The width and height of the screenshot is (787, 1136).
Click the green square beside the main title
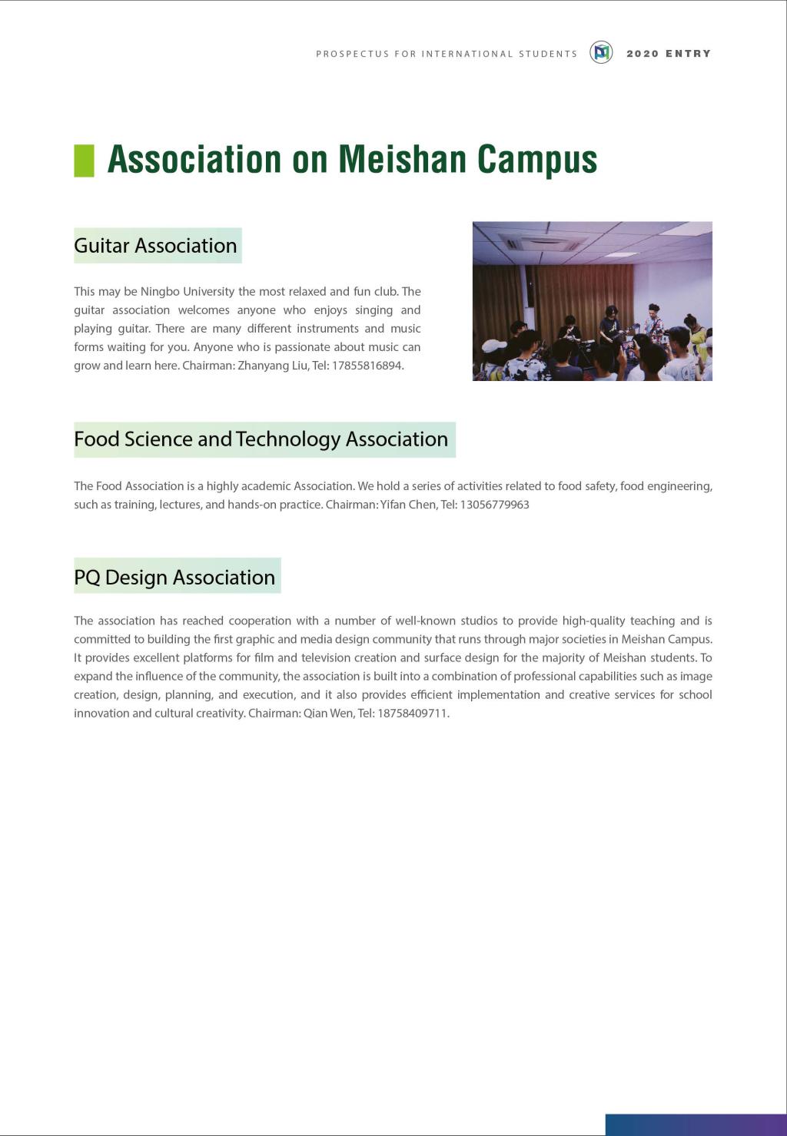pos(84,161)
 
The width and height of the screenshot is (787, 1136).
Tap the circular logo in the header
pos(601,52)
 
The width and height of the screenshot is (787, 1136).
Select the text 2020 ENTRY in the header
pos(668,54)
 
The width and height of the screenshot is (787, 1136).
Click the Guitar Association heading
pos(156,246)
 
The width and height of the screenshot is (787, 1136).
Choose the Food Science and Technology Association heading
pos(261,439)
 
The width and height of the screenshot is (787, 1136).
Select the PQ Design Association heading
pos(174,578)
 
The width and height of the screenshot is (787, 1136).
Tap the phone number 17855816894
pos(367,366)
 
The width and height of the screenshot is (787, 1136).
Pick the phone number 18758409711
pos(412,714)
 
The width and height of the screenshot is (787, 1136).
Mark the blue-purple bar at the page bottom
pos(696,1124)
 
